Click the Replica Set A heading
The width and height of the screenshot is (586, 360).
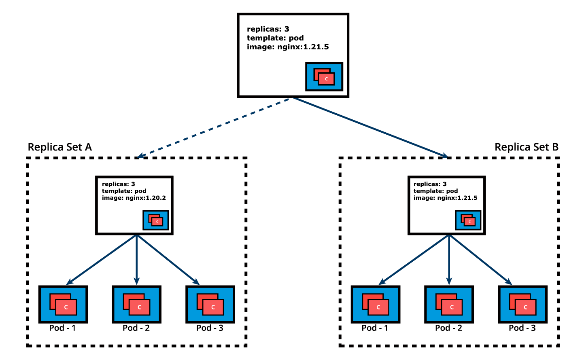(60, 147)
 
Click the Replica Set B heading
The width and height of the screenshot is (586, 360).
(527, 147)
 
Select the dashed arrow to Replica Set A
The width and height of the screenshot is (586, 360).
(214, 127)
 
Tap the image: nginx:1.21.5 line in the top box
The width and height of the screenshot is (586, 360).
(288, 47)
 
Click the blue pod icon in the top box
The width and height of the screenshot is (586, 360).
(324, 76)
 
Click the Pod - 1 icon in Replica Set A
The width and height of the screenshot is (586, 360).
(63, 304)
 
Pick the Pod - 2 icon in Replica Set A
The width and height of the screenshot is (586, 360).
(137, 304)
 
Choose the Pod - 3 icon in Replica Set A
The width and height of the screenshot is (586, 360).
(210, 304)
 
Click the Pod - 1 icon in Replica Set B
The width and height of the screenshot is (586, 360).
(376, 304)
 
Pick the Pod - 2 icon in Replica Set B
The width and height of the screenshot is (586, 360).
(449, 304)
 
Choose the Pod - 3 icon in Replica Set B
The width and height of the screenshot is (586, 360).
(523, 304)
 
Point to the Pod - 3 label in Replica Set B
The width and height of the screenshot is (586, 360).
(522, 328)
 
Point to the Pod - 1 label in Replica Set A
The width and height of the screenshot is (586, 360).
(62, 328)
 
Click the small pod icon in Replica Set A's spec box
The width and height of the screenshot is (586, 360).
(156, 220)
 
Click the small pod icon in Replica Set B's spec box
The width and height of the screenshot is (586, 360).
(468, 220)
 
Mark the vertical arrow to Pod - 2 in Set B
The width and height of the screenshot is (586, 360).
(449, 259)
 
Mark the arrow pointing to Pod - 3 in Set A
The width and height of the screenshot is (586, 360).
(168, 259)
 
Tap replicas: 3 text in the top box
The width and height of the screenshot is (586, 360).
(268, 29)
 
